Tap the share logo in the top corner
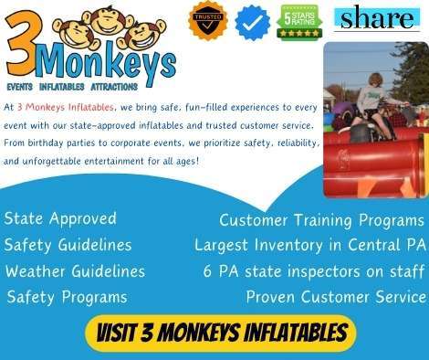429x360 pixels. tap(378, 18)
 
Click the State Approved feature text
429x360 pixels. tap(60, 218)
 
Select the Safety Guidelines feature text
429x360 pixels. tap(68, 245)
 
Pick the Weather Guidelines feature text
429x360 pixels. tap(75, 271)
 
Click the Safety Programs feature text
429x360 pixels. tap(67, 297)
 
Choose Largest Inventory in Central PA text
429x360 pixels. tap(309, 245)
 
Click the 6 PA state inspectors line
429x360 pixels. tap(314, 271)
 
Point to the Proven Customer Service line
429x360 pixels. tap(336, 297)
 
